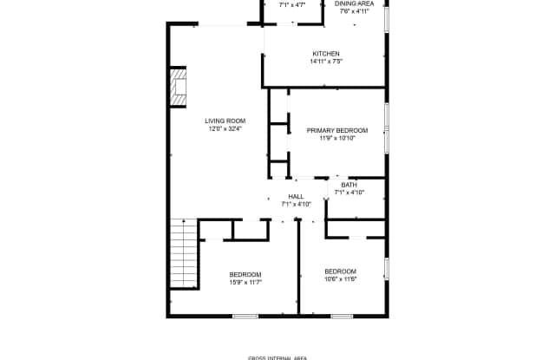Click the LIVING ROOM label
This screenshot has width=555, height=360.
pyautogui.click(x=225, y=121)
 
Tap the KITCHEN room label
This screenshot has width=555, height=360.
pyautogui.click(x=326, y=54)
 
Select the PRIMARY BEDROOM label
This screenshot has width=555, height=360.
pyautogui.click(x=337, y=131)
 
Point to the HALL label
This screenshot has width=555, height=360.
pyautogui.click(x=296, y=196)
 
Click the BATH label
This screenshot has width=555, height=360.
pyautogui.click(x=349, y=185)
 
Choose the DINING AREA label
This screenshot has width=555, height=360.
pyautogui.click(x=355, y=3)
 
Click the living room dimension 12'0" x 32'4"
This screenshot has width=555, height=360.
pyautogui.click(x=225, y=129)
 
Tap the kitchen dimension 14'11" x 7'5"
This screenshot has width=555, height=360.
pyautogui.click(x=326, y=62)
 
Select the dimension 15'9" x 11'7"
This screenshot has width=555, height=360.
pyautogui.click(x=245, y=283)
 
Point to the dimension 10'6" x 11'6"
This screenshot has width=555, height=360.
pyautogui.click(x=341, y=279)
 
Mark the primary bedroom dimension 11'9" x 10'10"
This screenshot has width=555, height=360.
pyautogui.click(x=337, y=139)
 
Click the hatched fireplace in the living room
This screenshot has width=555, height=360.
pyautogui.click(x=178, y=87)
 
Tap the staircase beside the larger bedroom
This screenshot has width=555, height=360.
pyautogui.click(x=184, y=253)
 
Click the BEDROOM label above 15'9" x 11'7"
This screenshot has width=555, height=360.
pyautogui.click(x=245, y=275)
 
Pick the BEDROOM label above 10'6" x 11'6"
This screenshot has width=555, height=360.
pyautogui.click(x=341, y=272)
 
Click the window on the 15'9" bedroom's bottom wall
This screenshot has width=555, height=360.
pyautogui.click(x=245, y=316)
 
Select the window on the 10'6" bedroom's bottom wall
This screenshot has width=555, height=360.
pyautogui.click(x=342, y=316)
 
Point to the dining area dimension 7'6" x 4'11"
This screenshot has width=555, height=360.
pyautogui.click(x=355, y=11)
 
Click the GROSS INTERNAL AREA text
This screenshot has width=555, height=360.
pyautogui.click(x=277, y=358)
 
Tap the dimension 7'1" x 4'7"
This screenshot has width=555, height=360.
pyautogui.click(x=292, y=5)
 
